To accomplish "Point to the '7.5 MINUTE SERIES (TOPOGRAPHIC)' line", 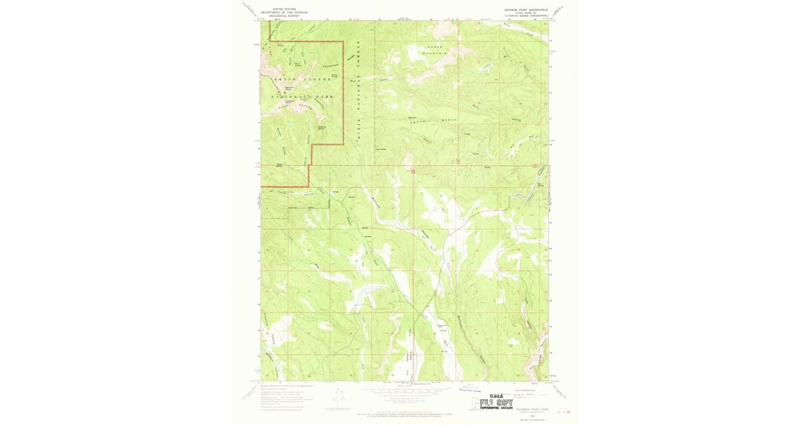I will (524, 16).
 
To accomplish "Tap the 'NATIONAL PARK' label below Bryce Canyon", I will (300, 98).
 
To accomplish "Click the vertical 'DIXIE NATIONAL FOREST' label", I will (359, 88).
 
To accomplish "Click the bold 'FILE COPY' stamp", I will (496, 403).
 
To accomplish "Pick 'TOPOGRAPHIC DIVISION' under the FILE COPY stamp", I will (497, 409).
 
